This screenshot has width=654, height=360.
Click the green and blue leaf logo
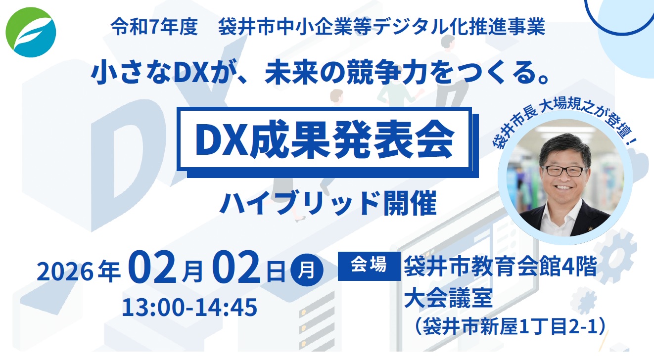pyautogui.click(x=31, y=32)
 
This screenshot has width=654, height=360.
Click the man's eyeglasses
pyautogui.click(x=564, y=171)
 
